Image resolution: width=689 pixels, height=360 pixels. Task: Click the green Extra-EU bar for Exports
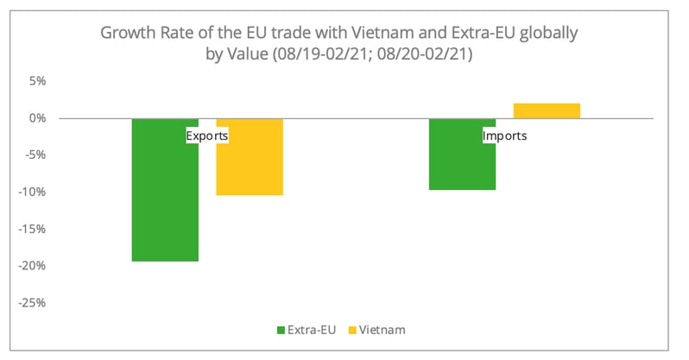tap(165, 199)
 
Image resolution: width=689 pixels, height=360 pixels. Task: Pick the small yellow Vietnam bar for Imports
tap(547, 111)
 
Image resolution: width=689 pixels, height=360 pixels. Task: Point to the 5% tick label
tap(36, 81)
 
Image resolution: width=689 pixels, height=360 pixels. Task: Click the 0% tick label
tap(36, 118)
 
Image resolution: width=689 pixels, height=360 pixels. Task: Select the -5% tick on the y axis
tap(35, 155)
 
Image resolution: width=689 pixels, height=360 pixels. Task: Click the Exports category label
tap(207, 136)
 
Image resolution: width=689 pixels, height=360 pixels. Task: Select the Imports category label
tap(504, 136)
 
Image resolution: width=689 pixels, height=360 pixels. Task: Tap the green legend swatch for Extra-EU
tap(280, 330)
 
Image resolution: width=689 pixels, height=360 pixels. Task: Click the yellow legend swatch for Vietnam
tap(351, 330)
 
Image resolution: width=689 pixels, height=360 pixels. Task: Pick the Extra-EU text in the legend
tap(312, 330)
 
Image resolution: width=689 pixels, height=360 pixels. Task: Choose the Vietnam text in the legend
tap(382, 330)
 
